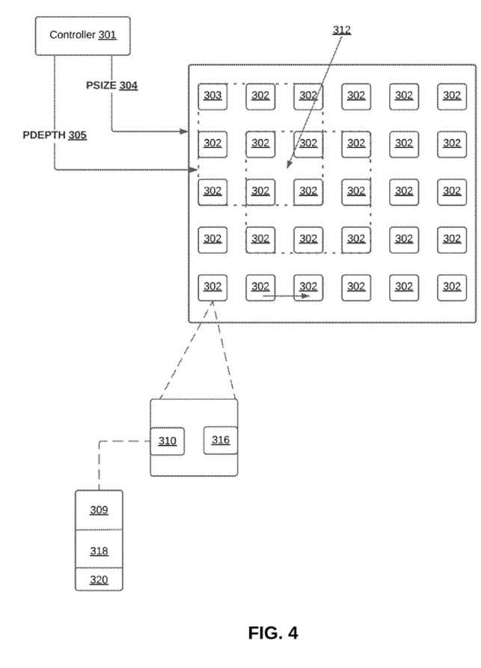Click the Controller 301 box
[x=82, y=35]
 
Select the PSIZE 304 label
[x=112, y=85]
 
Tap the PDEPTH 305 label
[x=55, y=135]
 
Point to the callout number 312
[x=341, y=30]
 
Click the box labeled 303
[x=212, y=96]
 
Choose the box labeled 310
[x=167, y=441]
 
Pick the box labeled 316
[x=221, y=440]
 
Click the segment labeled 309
[x=99, y=510]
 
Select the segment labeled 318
[x=99, y=551]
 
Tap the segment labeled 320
[x=99, y=579]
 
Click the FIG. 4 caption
[x=272, y=633]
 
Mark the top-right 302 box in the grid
[x=452, y=96]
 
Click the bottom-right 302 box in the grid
[x=452, y=287]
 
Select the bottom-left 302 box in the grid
[x=212, y=287]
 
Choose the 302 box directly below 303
[x=212, y=143]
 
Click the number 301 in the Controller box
[x=107, y=35]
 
